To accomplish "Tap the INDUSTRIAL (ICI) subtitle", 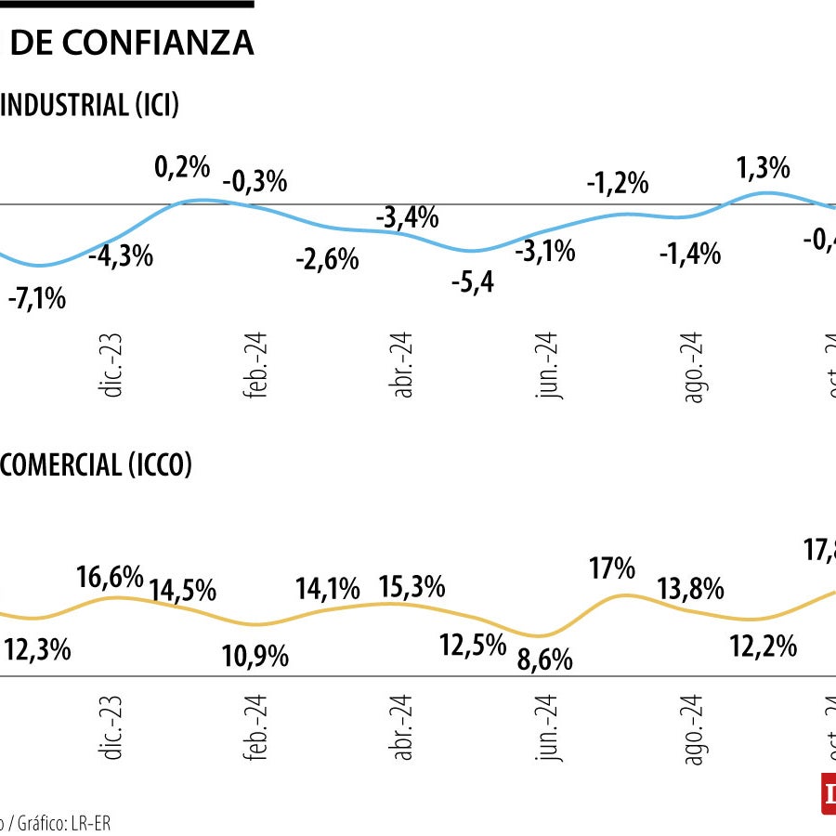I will (90, 106).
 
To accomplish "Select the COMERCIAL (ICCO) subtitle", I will (96, 464).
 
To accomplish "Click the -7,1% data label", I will (37, 299).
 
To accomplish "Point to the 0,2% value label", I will (182, 167).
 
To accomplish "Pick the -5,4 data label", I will (472, 282).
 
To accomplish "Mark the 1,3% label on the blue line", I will (763, 168).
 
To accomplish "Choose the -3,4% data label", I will (407, 218).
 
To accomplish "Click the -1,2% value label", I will (617, 183).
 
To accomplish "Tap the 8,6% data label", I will (544, 660).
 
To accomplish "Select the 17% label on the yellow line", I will (612, 568).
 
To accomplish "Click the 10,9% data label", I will (255, 657).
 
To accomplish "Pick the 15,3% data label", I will (411, 588).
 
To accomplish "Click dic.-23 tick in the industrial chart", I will (113, 367).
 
